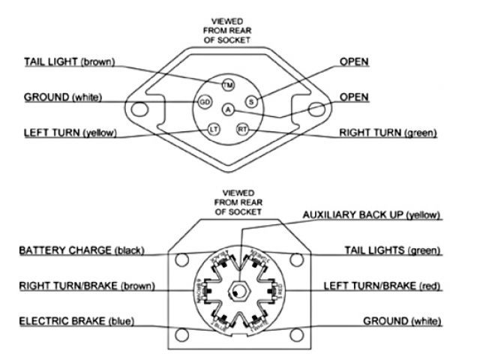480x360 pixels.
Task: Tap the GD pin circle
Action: click(204, 100)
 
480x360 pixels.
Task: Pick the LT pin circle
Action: click(213, 129)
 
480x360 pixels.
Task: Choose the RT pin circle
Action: click(242, 129)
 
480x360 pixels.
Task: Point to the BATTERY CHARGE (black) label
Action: click(80, 250)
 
